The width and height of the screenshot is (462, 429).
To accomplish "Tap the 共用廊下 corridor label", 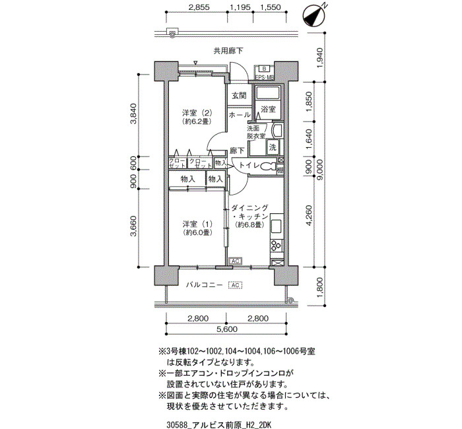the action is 228,51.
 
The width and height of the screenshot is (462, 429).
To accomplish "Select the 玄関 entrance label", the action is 239,96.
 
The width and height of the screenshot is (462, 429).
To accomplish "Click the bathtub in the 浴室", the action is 267,93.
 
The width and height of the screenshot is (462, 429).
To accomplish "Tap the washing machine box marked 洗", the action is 273,147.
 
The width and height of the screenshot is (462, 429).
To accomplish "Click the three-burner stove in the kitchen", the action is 276,245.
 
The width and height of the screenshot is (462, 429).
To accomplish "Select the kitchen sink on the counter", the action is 277,226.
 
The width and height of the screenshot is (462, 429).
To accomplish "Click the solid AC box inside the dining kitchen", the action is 235,261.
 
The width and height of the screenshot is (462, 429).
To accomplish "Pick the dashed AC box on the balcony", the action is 235,285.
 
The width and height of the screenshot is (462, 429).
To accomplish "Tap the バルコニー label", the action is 204,285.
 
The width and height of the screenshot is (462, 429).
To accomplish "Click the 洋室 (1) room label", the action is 197,228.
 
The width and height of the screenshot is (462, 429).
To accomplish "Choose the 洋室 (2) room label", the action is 197,117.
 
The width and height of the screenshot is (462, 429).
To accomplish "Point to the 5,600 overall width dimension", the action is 226,329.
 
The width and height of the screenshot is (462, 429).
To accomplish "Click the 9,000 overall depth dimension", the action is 321,170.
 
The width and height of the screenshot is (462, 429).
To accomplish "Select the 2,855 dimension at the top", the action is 199,7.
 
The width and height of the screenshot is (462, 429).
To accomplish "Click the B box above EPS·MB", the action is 264,69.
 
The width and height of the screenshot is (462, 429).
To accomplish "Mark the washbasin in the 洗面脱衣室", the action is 277,130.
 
